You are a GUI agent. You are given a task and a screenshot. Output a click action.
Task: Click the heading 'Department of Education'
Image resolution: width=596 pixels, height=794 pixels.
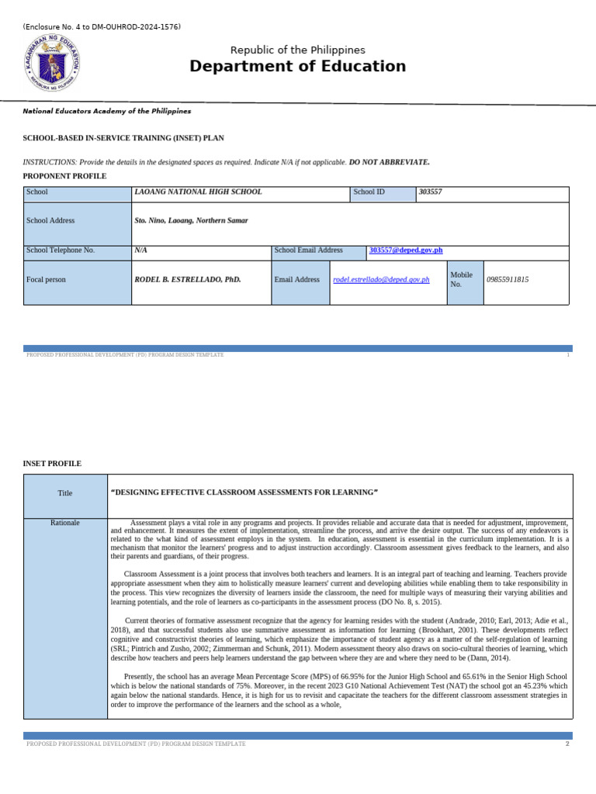pos(297,67)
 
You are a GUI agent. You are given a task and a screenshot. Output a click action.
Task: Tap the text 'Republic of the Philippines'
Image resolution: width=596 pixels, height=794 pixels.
pos(298,50)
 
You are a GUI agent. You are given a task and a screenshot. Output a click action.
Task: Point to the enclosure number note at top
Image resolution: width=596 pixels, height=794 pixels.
pos(102,27)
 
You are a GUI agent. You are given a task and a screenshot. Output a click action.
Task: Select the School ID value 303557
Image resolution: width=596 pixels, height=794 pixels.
pos(430,192)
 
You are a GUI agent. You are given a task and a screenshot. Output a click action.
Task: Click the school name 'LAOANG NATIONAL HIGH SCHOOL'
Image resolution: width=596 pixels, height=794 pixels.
pos(198,192)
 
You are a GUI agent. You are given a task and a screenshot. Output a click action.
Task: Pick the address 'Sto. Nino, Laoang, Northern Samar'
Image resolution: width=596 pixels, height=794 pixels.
pos(191,221)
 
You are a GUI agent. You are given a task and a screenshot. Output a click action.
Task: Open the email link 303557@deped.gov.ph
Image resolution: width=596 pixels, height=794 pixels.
pos(406,250)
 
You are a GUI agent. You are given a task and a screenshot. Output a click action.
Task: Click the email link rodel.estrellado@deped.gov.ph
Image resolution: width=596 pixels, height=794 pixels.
pos(381,280)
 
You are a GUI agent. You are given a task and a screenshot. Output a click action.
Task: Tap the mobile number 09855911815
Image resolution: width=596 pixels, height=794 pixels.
pos(508,280)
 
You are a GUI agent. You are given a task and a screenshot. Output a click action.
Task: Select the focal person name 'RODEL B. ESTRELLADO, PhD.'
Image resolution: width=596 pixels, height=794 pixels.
pos(188,280)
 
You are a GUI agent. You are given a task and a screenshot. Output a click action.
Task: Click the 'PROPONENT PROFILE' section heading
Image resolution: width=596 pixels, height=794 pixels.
pos(64,177)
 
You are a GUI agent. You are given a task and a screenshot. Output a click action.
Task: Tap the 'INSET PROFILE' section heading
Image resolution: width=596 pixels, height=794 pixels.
pos(52,464)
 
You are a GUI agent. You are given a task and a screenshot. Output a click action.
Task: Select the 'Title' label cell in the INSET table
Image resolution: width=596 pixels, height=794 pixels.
pos(64,493)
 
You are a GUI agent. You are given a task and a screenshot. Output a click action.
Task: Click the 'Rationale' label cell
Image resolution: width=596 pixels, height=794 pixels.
pos(64,523)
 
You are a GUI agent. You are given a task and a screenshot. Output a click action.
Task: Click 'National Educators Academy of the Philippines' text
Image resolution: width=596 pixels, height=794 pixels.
pos(107,112)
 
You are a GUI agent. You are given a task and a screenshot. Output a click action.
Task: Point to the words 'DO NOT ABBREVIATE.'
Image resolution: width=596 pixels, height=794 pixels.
pos(390,162)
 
